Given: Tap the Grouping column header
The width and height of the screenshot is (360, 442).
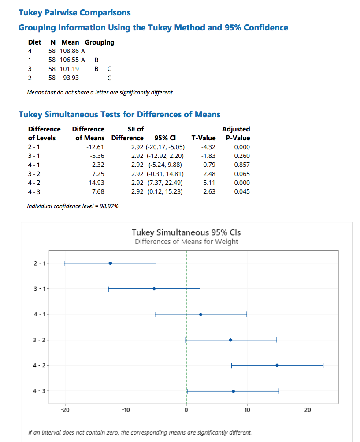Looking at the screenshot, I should [99, 42].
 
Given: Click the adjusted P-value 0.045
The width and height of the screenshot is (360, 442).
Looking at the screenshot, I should [242, 191].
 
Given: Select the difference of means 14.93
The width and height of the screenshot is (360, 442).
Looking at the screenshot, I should [96, 183].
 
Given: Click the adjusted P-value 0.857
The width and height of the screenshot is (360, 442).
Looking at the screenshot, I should [242, 165].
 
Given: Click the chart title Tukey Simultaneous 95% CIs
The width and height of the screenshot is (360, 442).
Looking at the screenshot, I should [186, 232].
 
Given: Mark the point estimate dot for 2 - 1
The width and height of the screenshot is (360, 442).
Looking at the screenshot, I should [110, 263].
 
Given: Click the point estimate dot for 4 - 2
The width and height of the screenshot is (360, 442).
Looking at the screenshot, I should [277, 365].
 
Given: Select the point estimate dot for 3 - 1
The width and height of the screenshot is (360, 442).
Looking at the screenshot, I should [154, 288].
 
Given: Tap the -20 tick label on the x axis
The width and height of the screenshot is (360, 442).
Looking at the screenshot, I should [65, 410].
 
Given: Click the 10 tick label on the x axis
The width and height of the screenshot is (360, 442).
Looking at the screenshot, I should [247, 410].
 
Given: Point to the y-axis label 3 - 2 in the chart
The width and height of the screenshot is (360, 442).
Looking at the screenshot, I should [39, 340].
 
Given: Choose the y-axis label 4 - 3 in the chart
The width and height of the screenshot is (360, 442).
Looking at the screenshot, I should [39, 391].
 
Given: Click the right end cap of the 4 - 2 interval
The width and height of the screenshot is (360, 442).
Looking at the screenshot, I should [323, 365].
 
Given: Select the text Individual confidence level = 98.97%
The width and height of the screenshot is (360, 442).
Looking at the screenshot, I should [73, 206].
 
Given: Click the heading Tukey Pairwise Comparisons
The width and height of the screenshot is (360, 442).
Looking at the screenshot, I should [74, 13].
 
